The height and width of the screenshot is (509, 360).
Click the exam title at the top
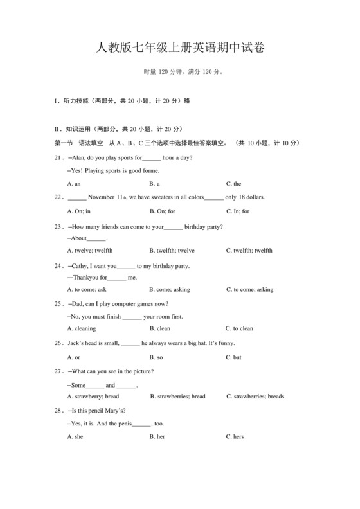click(179, 48)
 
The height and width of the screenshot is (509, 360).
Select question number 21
click(58, 158)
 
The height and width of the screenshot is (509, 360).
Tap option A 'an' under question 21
click(74, 184)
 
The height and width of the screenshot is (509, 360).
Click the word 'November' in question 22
click(102, 197)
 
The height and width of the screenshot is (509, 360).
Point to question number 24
click(58, 266)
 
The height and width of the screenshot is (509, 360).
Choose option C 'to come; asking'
click(249, 290)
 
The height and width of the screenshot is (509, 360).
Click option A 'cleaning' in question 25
click(82, 328)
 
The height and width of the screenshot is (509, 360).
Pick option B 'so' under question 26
click(156, 357)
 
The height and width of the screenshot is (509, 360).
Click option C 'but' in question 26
click(234, 357)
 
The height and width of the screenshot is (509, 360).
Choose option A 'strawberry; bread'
click(93, 397)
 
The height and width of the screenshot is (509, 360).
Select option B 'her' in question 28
click(157, 437)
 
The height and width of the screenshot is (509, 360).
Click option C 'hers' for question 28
click(235, 437)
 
